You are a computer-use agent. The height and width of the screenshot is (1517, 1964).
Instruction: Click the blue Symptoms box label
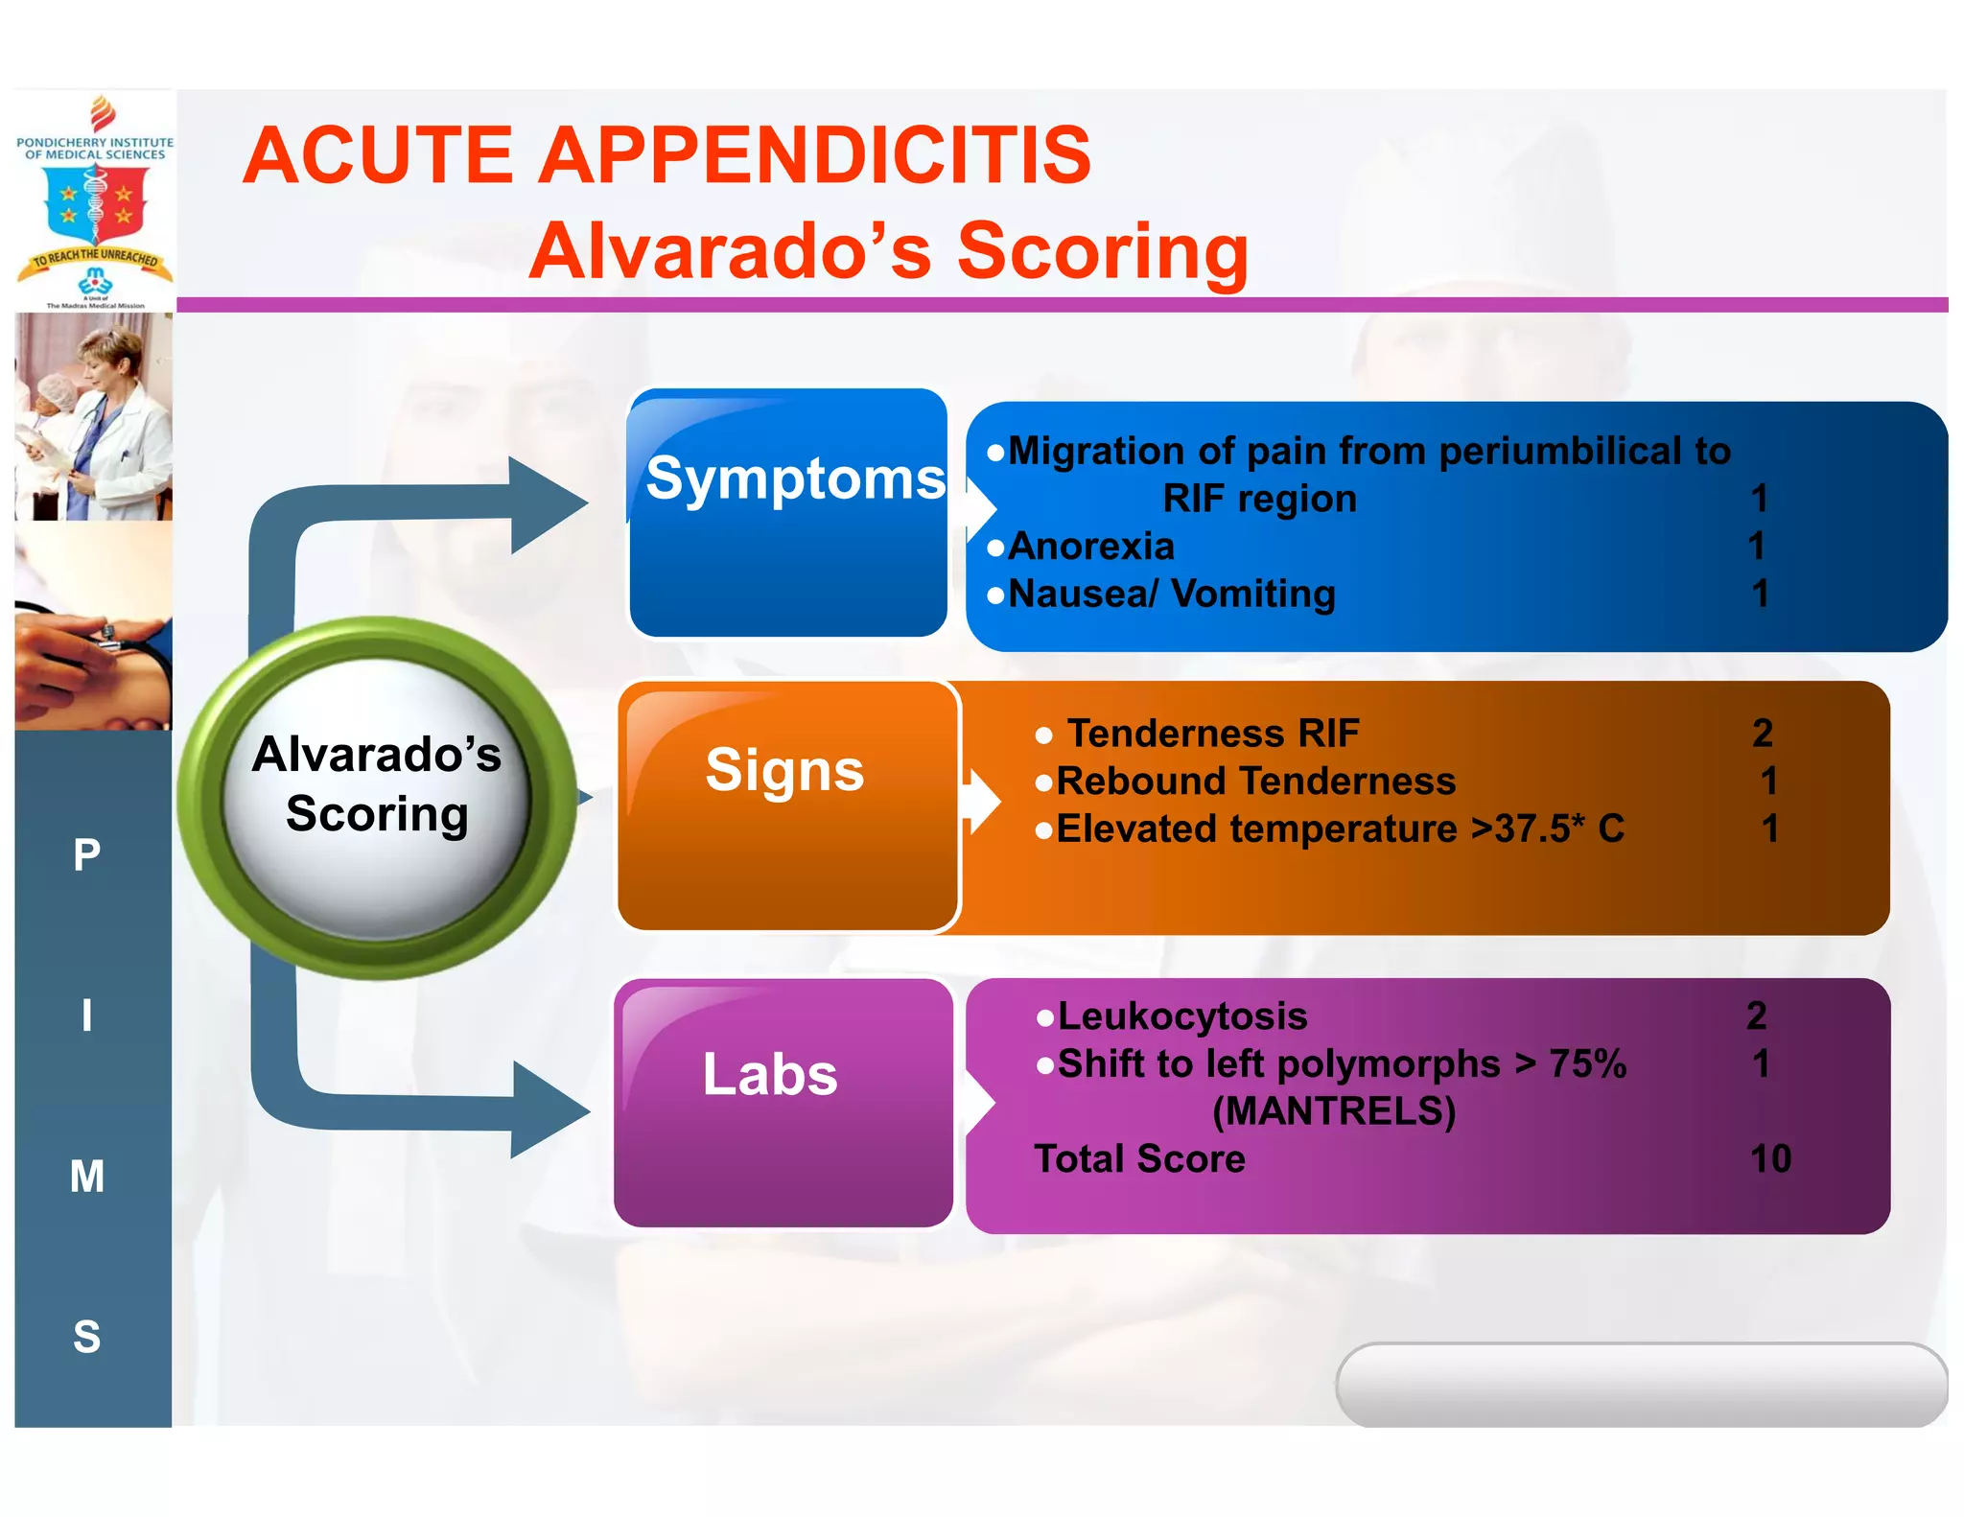794,478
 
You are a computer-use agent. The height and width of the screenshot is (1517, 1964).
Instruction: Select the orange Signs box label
784,771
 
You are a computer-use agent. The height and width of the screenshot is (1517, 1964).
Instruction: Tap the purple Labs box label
770,1074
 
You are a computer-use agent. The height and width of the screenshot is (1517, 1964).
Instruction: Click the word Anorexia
1091,547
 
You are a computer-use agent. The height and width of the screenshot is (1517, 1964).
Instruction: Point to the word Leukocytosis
1181,1016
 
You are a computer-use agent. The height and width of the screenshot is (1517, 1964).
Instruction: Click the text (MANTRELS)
1334,1111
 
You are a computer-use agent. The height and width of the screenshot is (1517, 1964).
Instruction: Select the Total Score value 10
1770,1159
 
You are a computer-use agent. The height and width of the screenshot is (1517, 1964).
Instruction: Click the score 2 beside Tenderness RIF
1762,734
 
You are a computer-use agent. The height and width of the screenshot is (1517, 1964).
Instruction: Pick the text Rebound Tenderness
1255,782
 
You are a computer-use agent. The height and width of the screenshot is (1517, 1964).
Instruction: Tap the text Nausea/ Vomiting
1171,595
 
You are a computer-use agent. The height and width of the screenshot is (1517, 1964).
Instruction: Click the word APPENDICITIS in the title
814,155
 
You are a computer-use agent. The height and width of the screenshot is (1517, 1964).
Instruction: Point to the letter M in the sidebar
87,1177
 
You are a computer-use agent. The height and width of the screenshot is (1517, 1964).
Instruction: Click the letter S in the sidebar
87,1337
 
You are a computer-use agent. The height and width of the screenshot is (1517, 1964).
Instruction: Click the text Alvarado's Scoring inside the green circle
377,784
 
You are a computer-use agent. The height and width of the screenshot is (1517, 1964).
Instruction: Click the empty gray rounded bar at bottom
1640,1384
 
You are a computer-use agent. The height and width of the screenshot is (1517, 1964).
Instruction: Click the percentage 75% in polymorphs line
1587,1064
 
